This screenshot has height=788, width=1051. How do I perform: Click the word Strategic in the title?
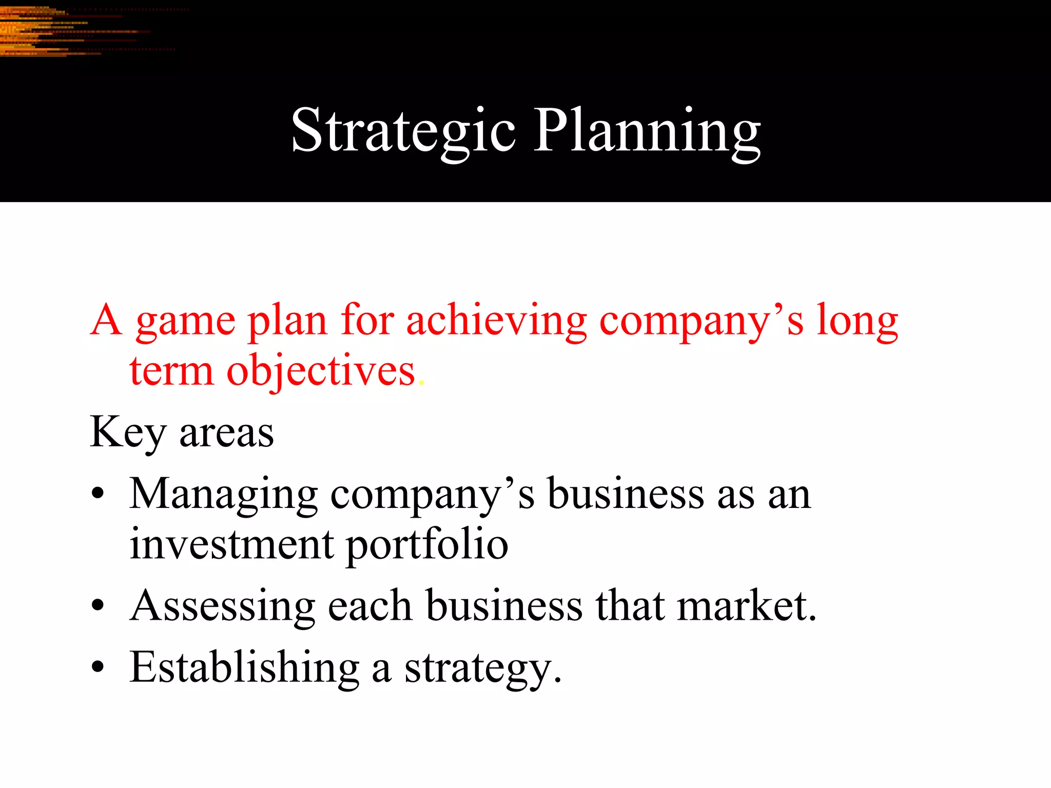point(403,131)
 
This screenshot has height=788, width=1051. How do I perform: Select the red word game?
point(185,322)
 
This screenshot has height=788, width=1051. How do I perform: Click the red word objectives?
point(321,372)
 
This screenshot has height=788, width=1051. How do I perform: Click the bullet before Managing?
point(98,494)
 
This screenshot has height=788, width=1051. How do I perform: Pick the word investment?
point(231,545)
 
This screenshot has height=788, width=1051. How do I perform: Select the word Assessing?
point(222,607)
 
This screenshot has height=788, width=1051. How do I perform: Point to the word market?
point(745,606)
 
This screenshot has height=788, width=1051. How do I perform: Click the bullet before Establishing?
point(98,667)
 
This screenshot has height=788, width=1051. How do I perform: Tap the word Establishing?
point(244,667)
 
